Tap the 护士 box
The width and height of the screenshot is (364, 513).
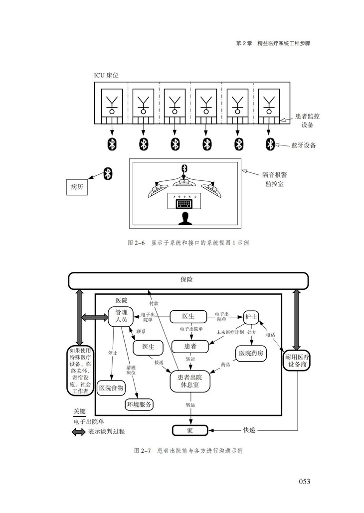click(x=250, y=317)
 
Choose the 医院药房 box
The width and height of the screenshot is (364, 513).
click(x=252, y=353)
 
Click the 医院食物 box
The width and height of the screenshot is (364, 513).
click(x=111, y=387)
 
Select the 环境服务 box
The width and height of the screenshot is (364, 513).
click(x=139, y=404)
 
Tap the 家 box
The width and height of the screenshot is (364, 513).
click(x=189, y=430)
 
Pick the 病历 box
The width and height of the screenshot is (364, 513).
click(x=76, y=187)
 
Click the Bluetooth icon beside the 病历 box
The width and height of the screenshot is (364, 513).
click(x=107, y=173)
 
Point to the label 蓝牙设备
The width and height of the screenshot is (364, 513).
click(x=303, y=145)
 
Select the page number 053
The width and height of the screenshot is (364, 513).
click(x=304, y=481)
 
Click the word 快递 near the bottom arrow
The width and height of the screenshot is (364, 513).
click(x=249, y=430)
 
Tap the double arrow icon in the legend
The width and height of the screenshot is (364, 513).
click(x=78, y=432)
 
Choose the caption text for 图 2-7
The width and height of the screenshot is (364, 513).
click(x=188, y=451)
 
